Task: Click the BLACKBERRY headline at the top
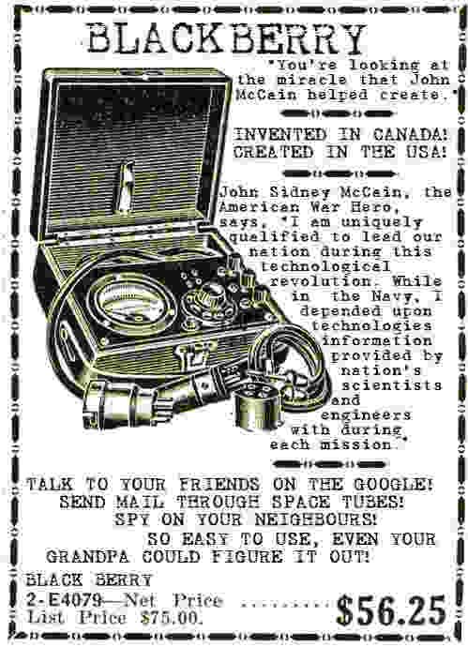pos(227,38)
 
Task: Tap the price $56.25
pos(391,610)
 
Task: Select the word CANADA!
pos(411,134)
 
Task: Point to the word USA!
pos(427,152)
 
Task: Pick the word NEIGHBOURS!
pos(316,519)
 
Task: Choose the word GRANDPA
pos(87,557)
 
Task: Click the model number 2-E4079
pos(65,599)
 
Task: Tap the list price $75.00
pos(172,618)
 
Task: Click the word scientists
pos(392,385)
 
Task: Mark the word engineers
pos(366,415)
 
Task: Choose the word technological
pos(325,266)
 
